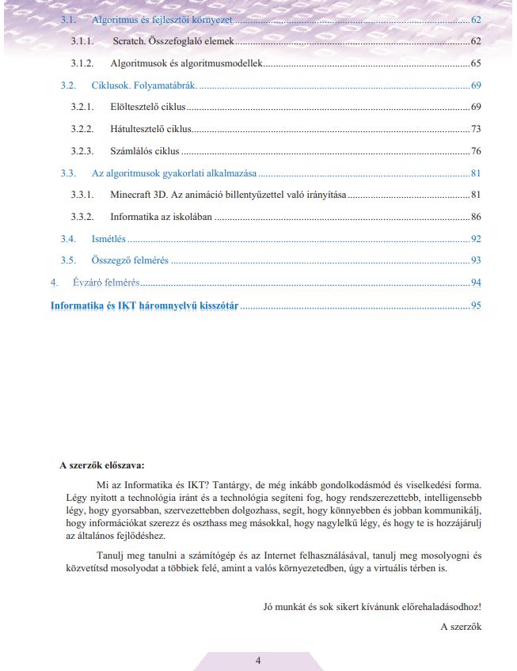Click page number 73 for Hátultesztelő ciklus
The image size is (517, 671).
point(476,128)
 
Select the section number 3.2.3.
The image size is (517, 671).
point(82,150)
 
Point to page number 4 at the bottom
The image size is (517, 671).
point(258,660)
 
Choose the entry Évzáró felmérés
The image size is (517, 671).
point(102,282)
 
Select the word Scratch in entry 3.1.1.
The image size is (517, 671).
point(129,40)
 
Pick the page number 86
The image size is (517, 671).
point(476,216)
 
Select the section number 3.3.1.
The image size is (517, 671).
point(82,195)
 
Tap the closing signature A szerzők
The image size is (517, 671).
point(461,627)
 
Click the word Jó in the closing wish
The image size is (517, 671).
point(268,607)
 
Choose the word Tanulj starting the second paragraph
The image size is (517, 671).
point(109,555)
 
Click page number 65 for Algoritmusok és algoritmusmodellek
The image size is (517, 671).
point(476,63)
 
